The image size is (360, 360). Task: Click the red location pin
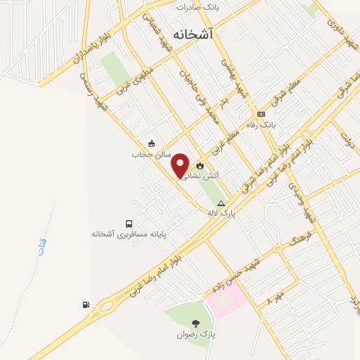tap(181, 165)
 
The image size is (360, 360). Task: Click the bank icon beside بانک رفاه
tap(262, 114)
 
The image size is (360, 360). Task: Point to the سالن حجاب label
tap(147, 153)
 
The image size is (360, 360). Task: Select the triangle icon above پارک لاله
tap(221, 202)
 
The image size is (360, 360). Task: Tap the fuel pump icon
tap(86, 304)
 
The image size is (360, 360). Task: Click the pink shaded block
tap(226, 300)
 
